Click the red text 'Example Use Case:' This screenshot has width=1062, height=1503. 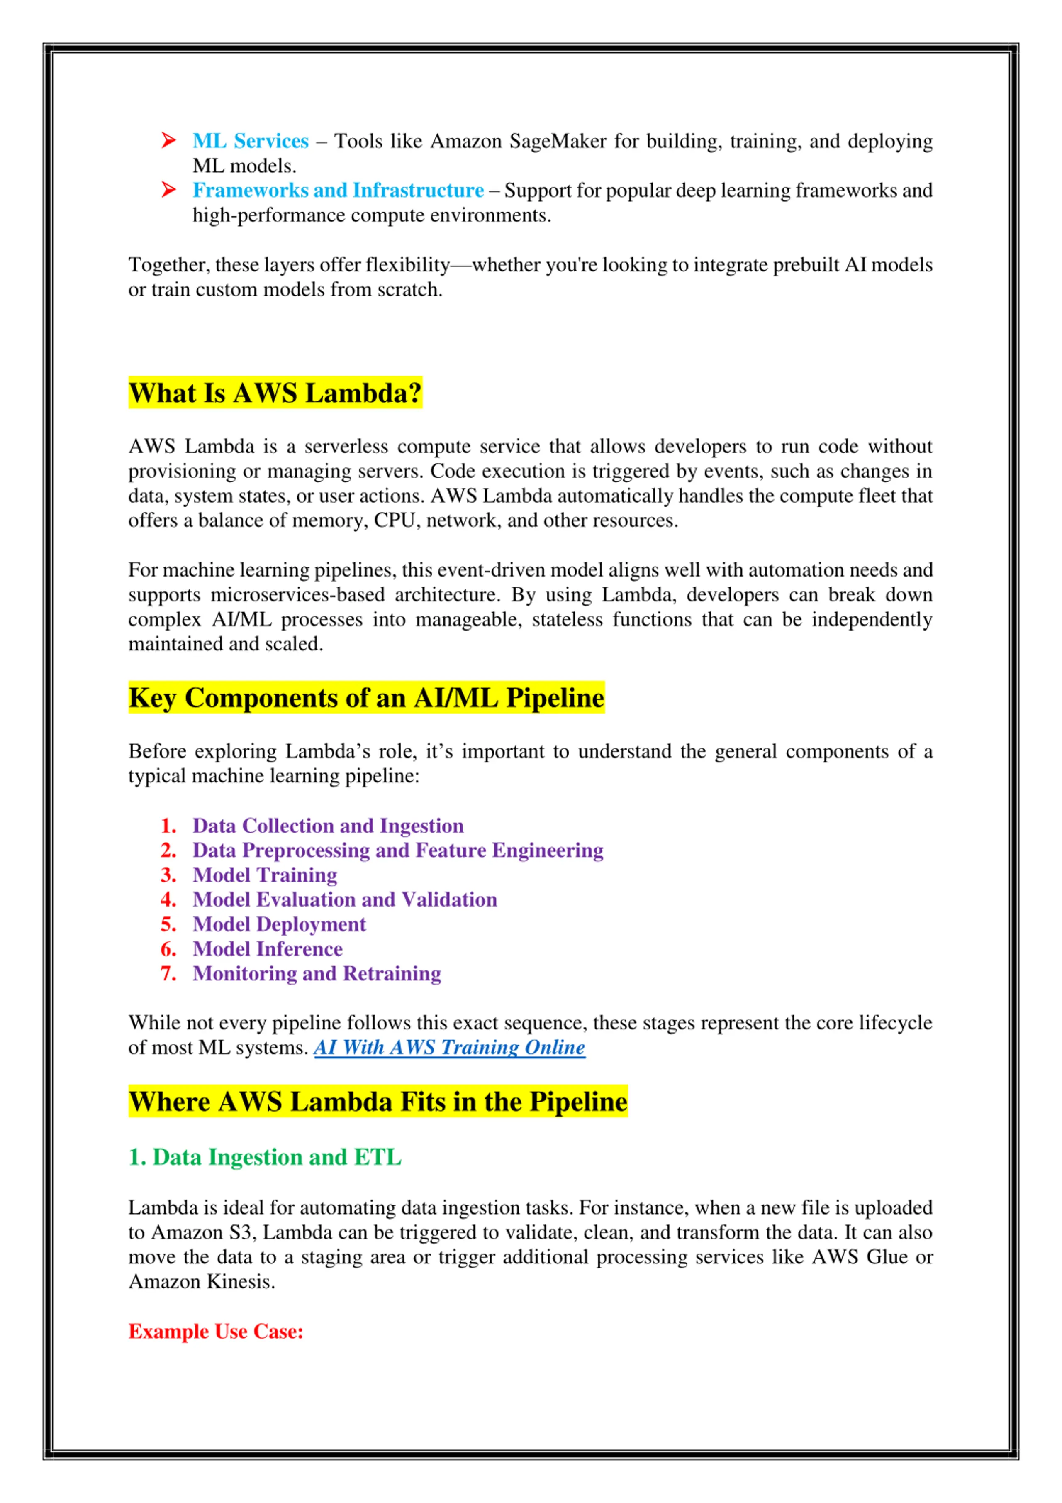tap(216, 1332)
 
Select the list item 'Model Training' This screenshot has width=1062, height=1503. tap(265, 875)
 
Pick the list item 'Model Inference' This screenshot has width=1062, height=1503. tap(268, 949)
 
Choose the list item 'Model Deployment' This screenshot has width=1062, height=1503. tap(280, 924)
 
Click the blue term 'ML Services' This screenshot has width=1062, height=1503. tap(251, 142)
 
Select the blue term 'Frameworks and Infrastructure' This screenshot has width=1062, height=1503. tap(338, 191)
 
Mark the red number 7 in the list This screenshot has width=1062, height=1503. tap(168, 974)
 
